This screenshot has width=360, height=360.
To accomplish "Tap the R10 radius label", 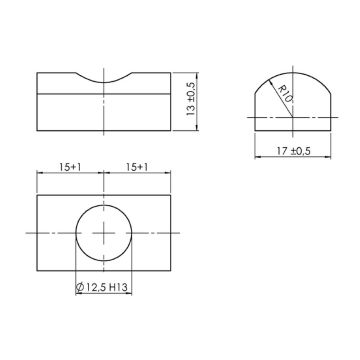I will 286,98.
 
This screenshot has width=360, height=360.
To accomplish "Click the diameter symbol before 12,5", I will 81,288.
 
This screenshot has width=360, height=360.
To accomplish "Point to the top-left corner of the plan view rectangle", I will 38,195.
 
